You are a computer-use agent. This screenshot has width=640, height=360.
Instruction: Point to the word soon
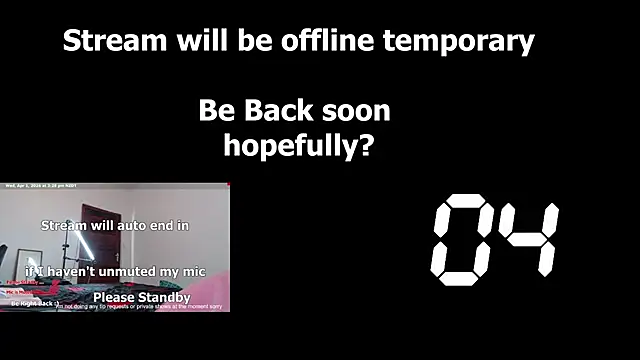click(353, 110)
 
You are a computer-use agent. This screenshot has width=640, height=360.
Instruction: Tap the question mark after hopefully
click(365, 146)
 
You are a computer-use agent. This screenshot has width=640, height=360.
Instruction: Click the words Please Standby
click(141, 298)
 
